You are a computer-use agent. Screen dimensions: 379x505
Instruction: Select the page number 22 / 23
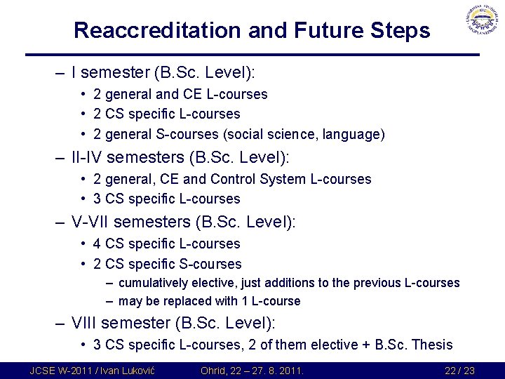point(459,370)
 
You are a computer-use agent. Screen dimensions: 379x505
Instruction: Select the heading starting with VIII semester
point(174,323)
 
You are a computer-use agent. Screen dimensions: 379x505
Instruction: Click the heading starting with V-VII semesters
point(184,222)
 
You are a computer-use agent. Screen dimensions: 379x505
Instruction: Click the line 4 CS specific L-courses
point(167,244)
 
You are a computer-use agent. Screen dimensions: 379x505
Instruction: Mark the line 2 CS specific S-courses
point(168,264)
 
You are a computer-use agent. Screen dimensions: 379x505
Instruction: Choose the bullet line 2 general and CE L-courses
point(180,93)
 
